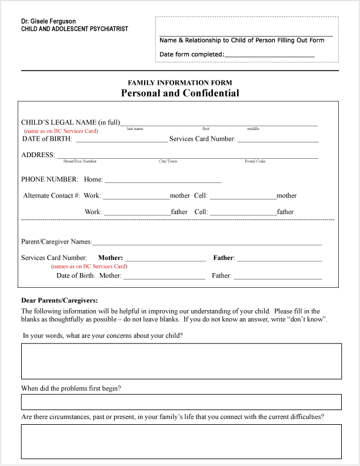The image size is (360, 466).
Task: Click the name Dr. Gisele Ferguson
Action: [x=48, y=21]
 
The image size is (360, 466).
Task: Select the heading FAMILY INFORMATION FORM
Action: [x=180, y=83]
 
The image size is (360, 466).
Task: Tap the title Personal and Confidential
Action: [x=180, y=93]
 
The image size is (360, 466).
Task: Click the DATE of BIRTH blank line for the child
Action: [x=121, y=140]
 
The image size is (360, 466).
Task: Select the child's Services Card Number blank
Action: [x=278, y=140]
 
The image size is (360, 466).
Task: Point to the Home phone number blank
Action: [x=163, y=181]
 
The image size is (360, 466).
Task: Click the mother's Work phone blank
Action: [x=136, y=197]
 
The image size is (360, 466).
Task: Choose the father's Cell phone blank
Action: [x=244, y=213]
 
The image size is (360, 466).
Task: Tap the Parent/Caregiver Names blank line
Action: [x=207, y=242]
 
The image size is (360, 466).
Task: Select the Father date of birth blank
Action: [x=278, y=277]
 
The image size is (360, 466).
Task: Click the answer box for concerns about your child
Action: [x=181, y=361]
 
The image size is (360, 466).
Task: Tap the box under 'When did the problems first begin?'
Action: [x=181, y=402]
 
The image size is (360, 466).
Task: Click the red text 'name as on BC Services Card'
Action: [x=61, y=131]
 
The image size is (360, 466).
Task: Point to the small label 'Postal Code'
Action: [x=255, y=161]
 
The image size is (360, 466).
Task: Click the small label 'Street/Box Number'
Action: [x=80, y=161]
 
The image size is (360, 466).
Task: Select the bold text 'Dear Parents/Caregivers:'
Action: [x=59, y=300]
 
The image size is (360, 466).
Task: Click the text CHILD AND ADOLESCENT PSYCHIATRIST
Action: [x=75, y=29]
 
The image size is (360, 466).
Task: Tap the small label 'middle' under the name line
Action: [x=253, y=128]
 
